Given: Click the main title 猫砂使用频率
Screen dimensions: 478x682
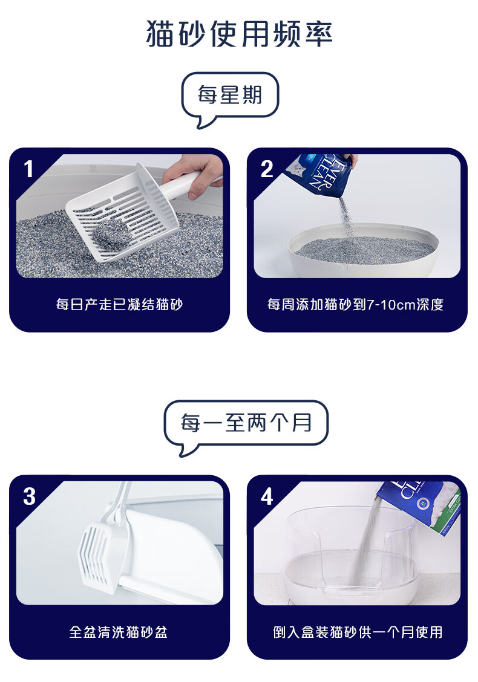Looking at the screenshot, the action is [239, 33].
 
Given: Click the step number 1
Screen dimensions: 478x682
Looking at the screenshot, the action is [28, 169].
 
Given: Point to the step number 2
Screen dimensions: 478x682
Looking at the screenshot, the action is [267, 169].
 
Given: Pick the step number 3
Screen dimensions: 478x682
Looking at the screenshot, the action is [29, 496].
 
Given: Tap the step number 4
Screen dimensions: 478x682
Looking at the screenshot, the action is [267, 496].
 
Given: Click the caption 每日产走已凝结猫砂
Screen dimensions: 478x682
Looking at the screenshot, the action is [119, 305].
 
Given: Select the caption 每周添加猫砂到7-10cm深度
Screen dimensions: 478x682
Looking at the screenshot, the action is [356, 305].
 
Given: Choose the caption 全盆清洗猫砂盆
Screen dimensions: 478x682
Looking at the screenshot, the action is [119, 632].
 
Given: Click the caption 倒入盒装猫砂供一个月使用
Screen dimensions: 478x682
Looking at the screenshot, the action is [358, 632].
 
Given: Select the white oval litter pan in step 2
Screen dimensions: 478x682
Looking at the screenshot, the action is [364, 250].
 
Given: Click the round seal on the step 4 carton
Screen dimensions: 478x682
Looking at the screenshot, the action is [421, 504].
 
